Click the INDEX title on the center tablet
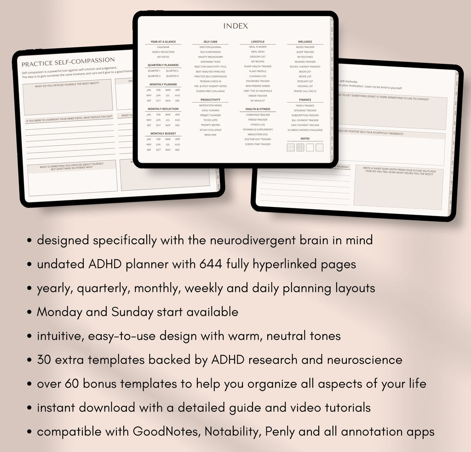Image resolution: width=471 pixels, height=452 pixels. point(235,26)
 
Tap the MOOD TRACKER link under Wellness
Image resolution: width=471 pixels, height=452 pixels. point(305,47)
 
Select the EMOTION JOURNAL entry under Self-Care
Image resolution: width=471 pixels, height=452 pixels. point(210,47)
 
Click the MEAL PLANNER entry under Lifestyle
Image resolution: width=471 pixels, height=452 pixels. point(258,47)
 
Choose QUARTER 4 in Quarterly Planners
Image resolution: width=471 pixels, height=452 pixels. point(172,76)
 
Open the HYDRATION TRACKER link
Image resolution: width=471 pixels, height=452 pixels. point(258,115)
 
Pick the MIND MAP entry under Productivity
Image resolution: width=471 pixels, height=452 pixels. point(210,135)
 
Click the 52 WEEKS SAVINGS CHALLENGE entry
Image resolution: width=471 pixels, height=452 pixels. point(305,130)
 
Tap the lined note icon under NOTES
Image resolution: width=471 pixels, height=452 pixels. point(291,148)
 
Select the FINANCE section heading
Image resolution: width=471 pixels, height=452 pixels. point(305,100)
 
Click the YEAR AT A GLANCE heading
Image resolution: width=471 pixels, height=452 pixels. point(163,42)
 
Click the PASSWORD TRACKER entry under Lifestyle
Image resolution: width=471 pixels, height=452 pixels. point(258,81)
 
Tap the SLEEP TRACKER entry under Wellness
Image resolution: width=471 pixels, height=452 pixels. point(305,52)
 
